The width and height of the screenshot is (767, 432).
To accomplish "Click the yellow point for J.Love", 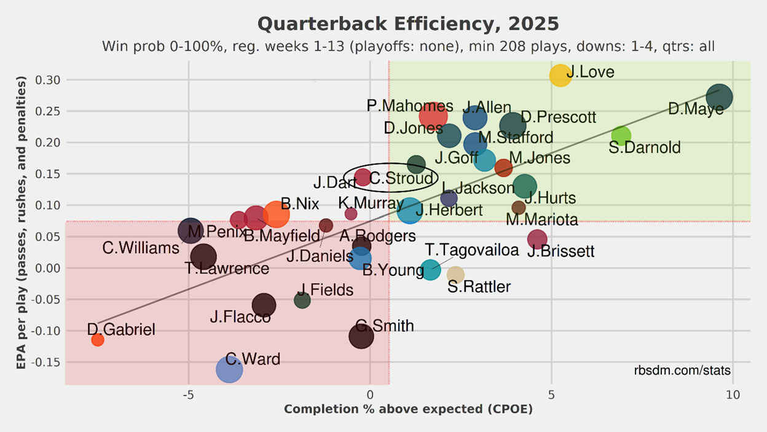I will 560,75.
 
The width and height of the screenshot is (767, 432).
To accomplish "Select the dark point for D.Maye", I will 718,97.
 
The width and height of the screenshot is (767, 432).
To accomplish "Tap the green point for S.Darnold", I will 621,136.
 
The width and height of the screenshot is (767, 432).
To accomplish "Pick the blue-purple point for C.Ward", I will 229,369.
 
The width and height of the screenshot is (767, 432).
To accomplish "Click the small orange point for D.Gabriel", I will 98,340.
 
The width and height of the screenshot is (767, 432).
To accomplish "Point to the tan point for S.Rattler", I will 455,275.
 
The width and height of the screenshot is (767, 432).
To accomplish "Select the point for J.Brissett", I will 537,239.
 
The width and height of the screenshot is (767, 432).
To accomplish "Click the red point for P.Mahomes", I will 433,115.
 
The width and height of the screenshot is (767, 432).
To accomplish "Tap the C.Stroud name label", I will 401,179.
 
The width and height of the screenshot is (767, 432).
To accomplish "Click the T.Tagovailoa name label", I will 472,250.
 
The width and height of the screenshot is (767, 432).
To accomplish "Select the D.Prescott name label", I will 558,117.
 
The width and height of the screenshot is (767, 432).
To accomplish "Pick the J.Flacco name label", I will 240,317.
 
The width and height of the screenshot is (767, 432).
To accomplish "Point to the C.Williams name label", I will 141,248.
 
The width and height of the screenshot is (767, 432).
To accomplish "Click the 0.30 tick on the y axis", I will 49,80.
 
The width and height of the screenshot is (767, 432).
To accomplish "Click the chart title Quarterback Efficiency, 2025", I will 408,24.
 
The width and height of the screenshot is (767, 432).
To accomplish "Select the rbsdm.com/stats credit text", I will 682,371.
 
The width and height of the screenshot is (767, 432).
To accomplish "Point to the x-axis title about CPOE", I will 408,409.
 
